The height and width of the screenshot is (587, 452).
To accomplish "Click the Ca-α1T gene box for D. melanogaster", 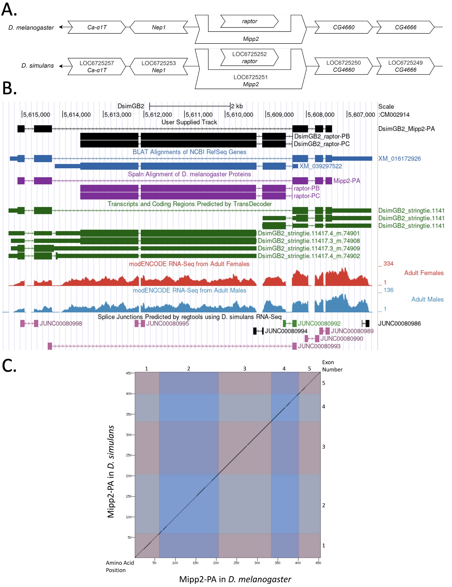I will (x=97, y=27).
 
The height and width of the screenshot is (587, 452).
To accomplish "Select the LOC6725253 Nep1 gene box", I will (x=159, y=67).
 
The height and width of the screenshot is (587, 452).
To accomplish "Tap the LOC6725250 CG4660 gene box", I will (x=343, y=66).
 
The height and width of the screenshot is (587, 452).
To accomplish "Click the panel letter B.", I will (x=9, y=88).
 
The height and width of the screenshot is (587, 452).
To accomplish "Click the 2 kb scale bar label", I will (x=237, y=106).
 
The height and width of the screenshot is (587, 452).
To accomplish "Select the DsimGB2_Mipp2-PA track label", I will (x=406, y=129).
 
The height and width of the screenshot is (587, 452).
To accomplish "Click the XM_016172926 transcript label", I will (x=399, y=159).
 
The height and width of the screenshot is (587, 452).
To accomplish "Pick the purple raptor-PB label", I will (x=306, y=188).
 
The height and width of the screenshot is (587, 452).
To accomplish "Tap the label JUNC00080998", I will (x=61, y=323).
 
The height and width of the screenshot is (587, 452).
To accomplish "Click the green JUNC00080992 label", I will (x=319, y=323).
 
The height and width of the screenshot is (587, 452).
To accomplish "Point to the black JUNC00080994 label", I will (x=286, y=331).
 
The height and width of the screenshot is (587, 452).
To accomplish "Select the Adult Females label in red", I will (x=424, y=273).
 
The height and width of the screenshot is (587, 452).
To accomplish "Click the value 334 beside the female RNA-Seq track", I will (x=388, y=264).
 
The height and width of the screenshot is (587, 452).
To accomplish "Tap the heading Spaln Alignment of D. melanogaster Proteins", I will (x=189, y=174).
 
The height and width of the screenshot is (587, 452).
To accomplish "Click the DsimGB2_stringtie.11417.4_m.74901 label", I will (x=309, y=233).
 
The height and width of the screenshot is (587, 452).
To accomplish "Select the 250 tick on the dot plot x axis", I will (x=236, y=563).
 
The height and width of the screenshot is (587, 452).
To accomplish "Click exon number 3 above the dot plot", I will (x=244, y=369).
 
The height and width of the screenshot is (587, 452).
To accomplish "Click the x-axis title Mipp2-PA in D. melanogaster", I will (x=235, y=579).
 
